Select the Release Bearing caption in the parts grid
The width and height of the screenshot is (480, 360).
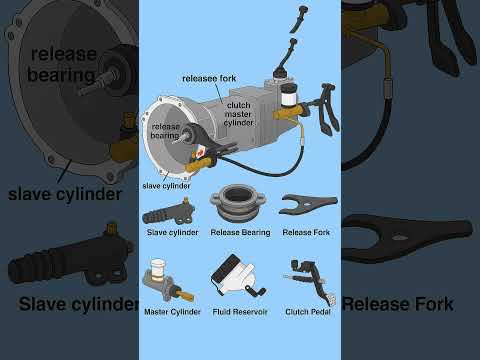[240, 232]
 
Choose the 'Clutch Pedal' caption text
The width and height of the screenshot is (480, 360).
[307, 312]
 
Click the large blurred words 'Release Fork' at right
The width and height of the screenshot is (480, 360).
[410, 303]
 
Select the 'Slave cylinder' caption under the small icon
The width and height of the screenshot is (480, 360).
[171, 232]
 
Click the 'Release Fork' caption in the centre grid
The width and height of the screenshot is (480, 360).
[305, 232]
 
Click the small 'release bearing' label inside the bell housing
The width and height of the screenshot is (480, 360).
[166, 131]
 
